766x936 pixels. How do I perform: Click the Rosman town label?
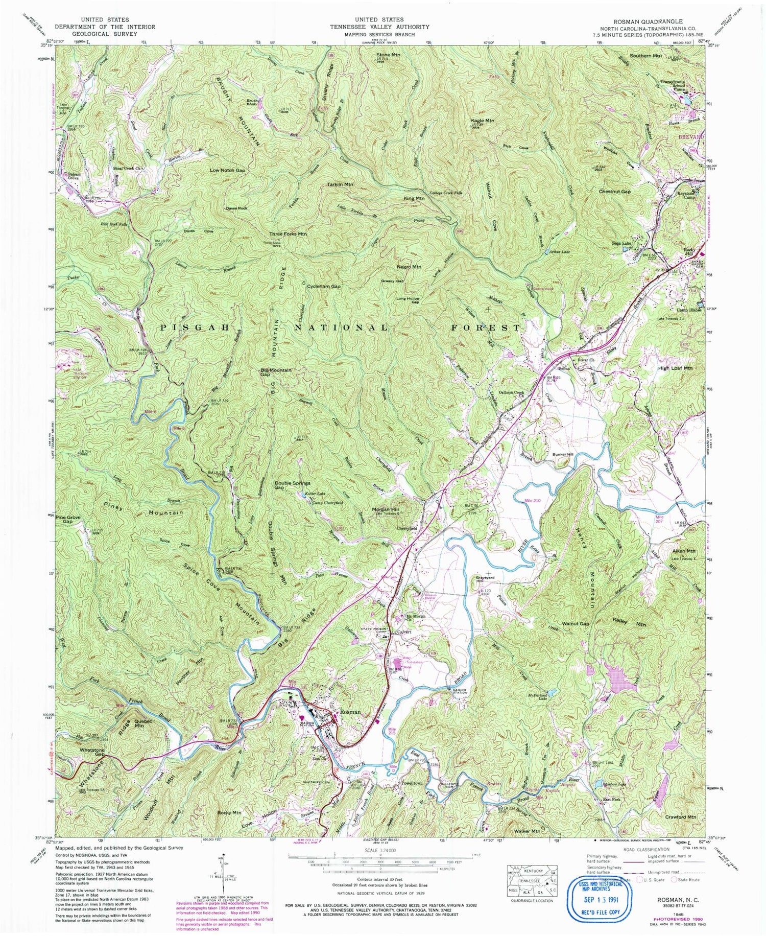pyautogui.click(x=347, y=712)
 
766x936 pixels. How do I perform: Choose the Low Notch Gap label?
pyautogui.click(x=227, y=170)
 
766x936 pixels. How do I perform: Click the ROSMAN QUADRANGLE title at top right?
pyautogui.click(x=635, y=21)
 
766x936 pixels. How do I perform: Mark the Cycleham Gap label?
pyautogui.click(x=323, y=287)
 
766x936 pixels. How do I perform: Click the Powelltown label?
pyautogui.click(x=402, y=782)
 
